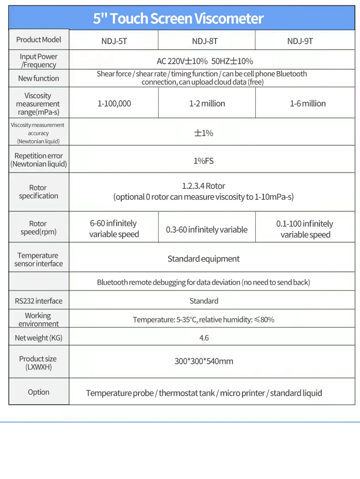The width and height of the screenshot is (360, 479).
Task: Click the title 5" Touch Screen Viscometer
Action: [x=178, y=18]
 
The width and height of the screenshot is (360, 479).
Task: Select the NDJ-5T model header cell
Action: [x=114, y=41]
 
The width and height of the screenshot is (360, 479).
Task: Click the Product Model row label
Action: [x=39, y=40]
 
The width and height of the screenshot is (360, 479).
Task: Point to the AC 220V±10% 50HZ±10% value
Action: [x=205, y=61]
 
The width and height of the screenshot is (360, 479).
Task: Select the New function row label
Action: [x=39, y=78]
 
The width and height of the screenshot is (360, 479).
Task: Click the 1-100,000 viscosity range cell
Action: [x=114, y=104]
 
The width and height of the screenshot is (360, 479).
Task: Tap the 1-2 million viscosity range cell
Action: [x=207, y=104]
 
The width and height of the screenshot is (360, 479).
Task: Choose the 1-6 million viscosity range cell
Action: [x=308, y=104]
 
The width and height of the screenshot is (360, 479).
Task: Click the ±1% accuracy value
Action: [x=204, y=133]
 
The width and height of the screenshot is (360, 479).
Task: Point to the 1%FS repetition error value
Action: [x=204, y=161]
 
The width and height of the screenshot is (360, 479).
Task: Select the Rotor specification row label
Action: [x=38, y=192]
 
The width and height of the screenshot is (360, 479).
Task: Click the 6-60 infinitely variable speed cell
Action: [x=114, y=229]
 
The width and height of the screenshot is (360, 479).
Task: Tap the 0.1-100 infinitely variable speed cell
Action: [x=305, y=229]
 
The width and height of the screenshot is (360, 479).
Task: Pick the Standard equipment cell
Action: [x=203, y=259]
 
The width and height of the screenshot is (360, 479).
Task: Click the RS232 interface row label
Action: [x=39, y=301]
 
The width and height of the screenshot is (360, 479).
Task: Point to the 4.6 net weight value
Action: [x=204, y=338]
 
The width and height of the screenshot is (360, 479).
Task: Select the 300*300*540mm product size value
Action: [x=204, y=362]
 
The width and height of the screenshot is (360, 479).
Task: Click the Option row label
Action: [x=39, y=392]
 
